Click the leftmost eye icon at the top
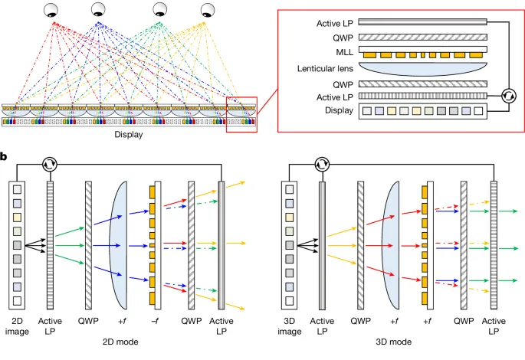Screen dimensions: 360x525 pos(52,10)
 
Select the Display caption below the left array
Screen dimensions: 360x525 pos(129,135)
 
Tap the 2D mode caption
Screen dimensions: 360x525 pos(126,342)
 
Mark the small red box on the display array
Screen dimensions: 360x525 pos(241,115)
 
